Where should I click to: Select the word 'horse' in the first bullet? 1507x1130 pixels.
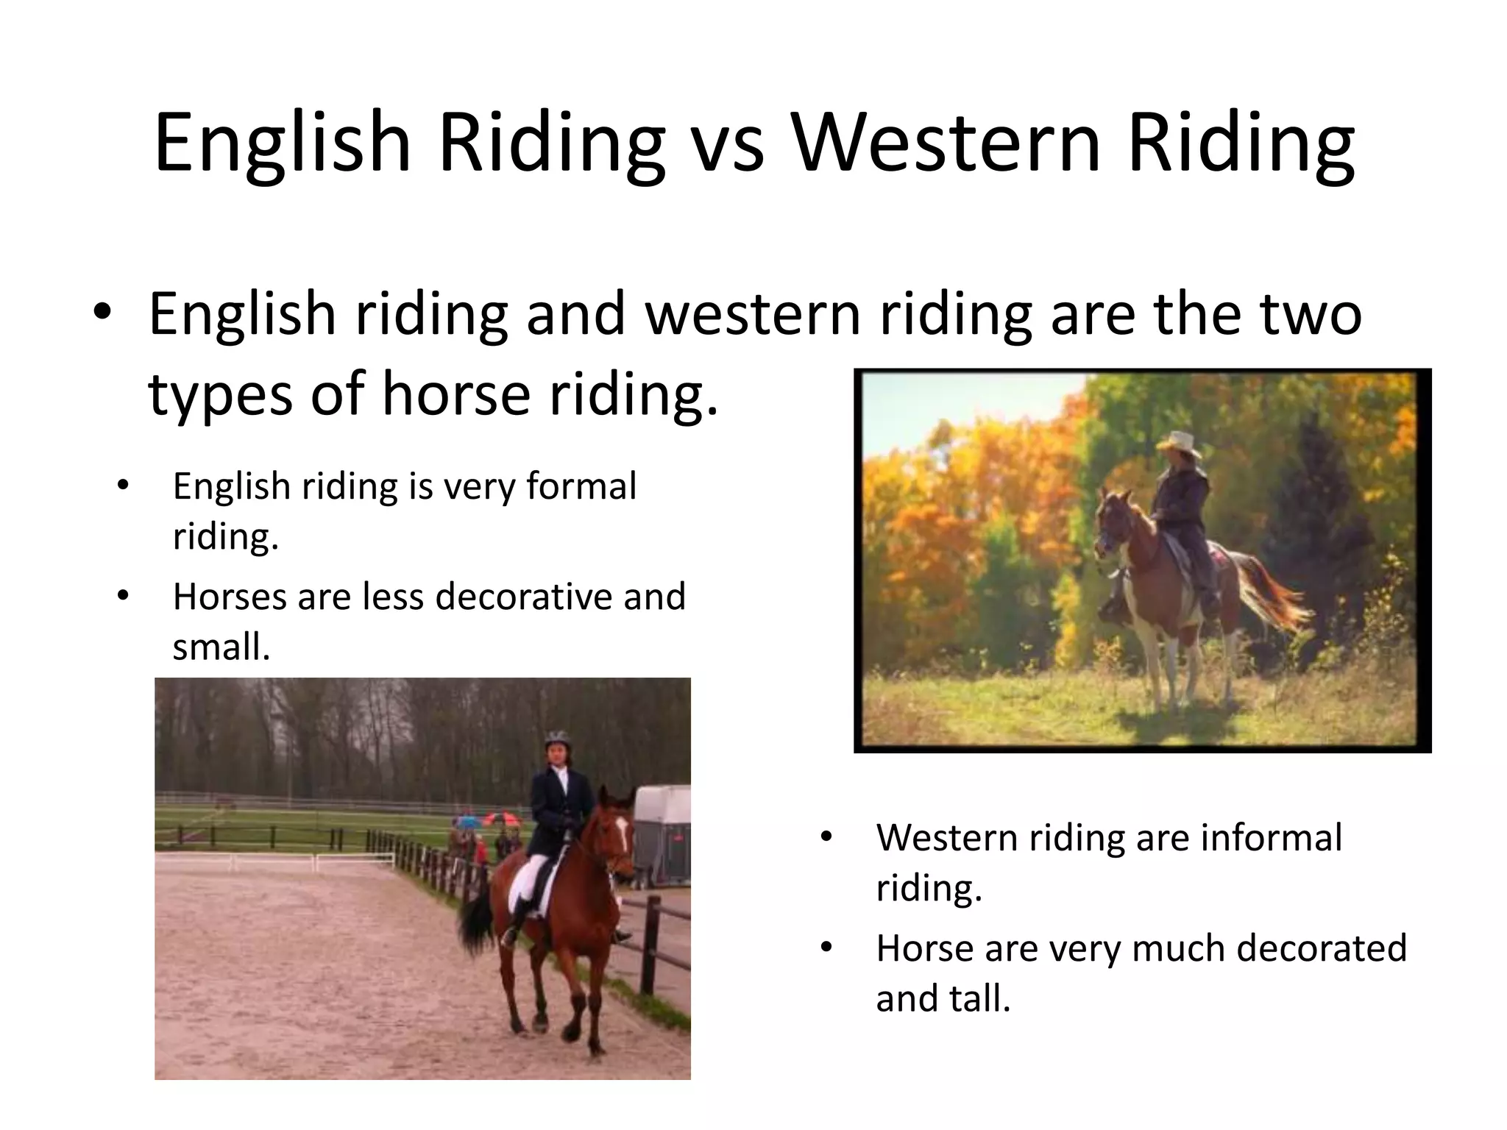[455, 393]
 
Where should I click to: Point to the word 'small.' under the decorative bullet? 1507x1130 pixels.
[221, 648]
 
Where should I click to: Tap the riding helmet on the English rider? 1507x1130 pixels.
[557, 739]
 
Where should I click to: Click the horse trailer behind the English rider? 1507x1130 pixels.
[662, 831]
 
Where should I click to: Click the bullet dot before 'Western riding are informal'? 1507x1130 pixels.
[826, 838]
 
